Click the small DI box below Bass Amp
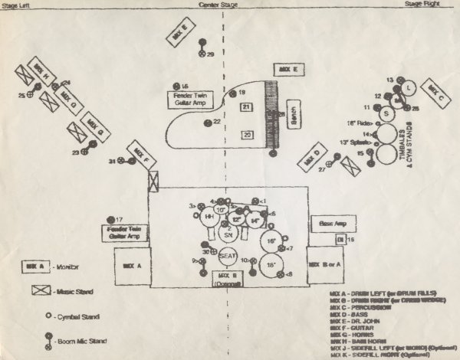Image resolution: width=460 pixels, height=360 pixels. [340, 240]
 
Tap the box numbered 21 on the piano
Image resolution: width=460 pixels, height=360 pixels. [246, 107]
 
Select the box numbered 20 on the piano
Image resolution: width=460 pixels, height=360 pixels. [247, 135]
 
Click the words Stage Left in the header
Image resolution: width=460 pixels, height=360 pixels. [18, 5]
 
